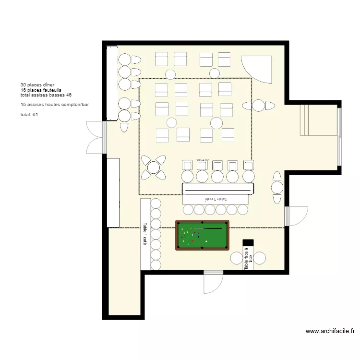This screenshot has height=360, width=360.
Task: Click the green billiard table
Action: tap(202, 235)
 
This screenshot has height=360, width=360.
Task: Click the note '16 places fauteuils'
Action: tap(41, 90)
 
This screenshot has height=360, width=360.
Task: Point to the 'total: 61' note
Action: tap(29, 114)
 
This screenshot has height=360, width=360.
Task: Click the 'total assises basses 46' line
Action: tap(46, 95)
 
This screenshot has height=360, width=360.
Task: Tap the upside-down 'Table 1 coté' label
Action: tap(217, 198)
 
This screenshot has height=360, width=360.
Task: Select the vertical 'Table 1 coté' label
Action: tap(144, 234)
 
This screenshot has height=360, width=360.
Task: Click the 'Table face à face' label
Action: tap(248, 259)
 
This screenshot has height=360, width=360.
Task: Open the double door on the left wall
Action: tap(95, 137)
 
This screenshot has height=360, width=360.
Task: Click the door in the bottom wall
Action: tap(213, 281)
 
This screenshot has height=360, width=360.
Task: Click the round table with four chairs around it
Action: tap(154, 168)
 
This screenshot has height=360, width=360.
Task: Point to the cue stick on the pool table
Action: tap(207, 228)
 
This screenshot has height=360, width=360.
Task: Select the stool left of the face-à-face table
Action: tap(237, 258)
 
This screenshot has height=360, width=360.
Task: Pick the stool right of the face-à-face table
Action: tap(260, 258)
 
